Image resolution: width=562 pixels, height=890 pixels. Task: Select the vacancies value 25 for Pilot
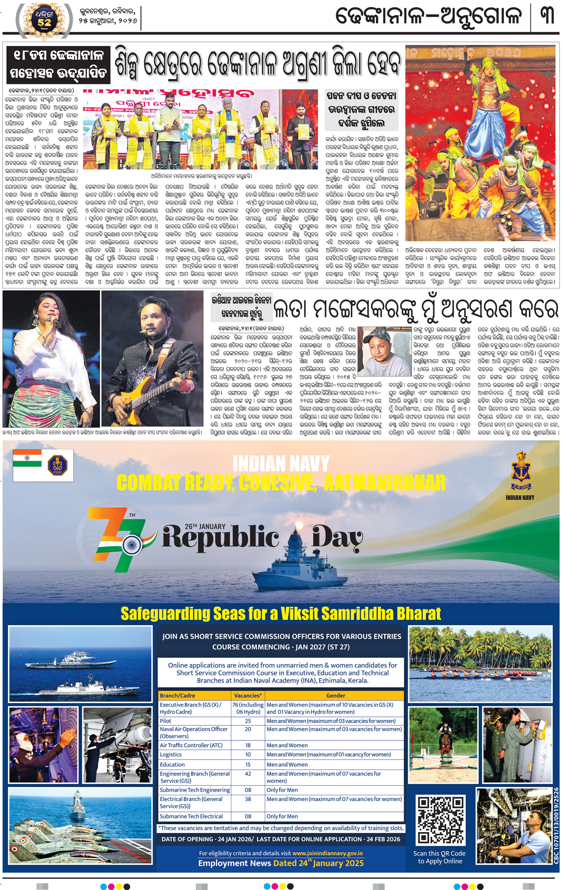pyautogui.click(x=248, y=721)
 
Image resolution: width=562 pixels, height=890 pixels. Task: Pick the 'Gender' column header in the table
pyautogui.click(x=336, y=696)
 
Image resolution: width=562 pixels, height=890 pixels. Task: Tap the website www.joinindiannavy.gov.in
pyautogui.click(x=327, y=853)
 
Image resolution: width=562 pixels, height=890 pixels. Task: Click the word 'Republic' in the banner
pyautogui.click(x=221, y=538)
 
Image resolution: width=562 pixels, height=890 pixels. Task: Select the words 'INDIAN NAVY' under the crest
pyautogui.click(x=520, y=497)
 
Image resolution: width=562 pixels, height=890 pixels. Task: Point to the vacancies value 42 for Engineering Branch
pyautogui.click(x=248, y=774)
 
